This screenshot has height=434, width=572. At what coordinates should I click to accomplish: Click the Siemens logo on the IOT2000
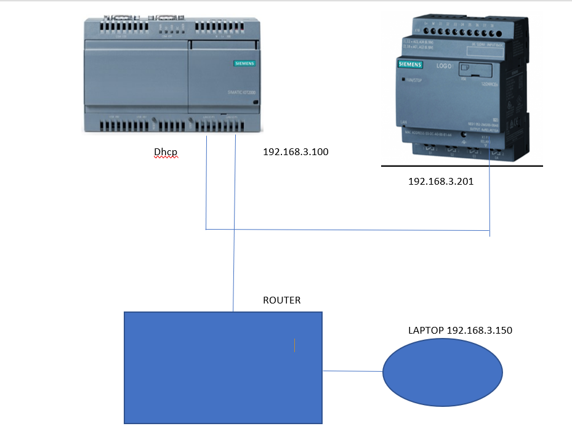[244, 63]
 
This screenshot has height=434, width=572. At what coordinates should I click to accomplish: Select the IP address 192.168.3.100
[296, 151]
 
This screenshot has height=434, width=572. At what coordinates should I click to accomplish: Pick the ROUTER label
[282, 300]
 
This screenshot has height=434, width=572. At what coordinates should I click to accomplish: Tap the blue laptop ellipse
[443, 373]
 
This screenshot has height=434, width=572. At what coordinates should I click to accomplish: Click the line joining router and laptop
[353, 371]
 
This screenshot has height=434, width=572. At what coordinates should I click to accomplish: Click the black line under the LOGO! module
[462, 166]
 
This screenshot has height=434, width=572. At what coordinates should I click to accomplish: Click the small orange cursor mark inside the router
[295, 345]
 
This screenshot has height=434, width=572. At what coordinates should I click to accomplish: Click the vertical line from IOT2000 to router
[234, 246]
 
